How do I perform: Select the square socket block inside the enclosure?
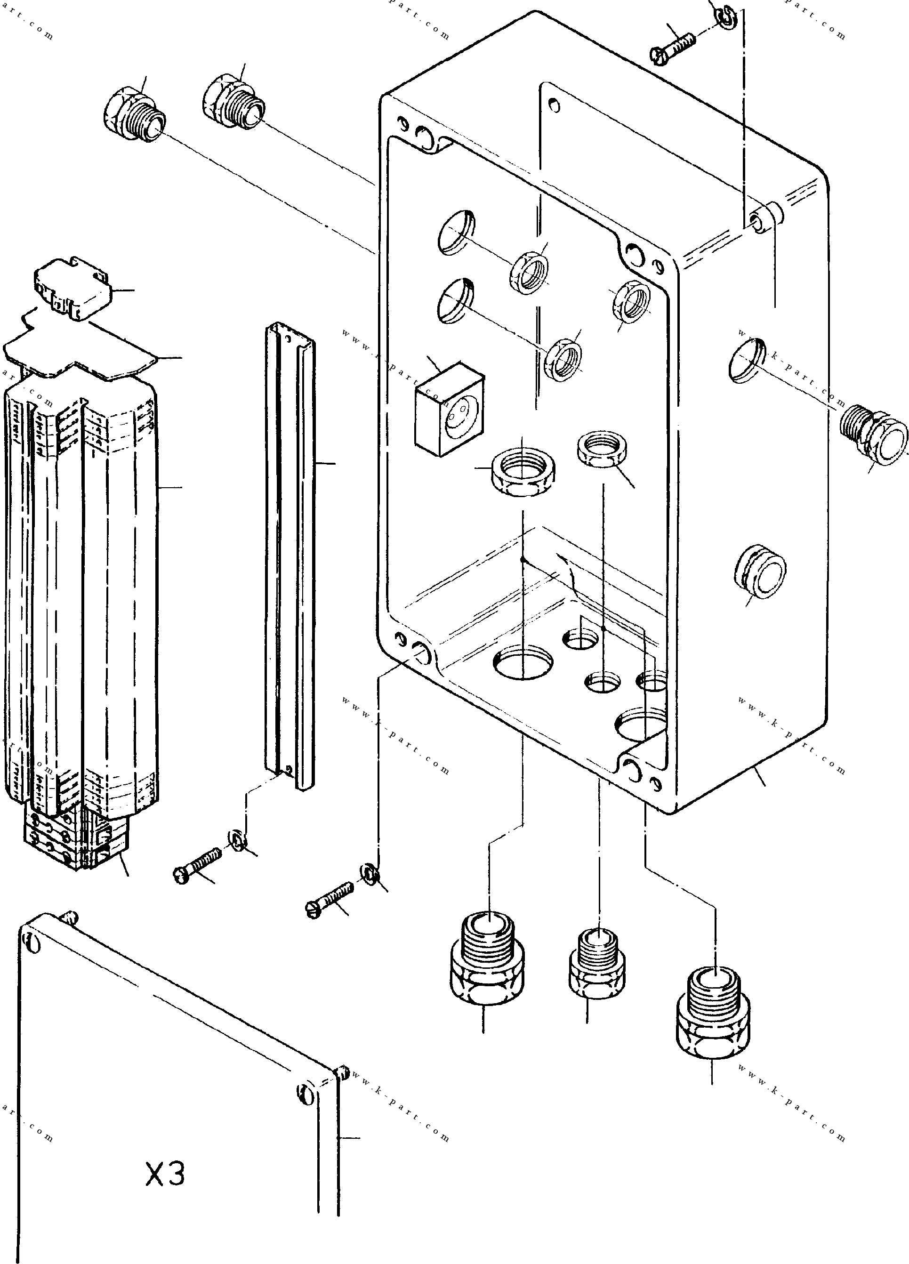click(x=449, y=409)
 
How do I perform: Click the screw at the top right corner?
click(x=673, y=46)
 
